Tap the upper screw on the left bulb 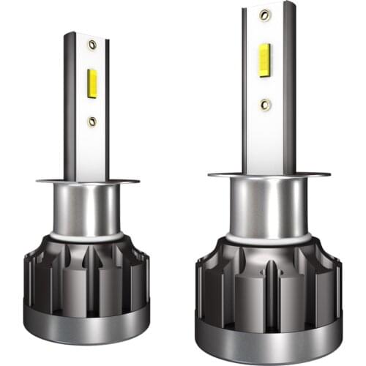[92, 45]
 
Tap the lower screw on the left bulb [92, 121]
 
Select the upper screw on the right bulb [265, 14]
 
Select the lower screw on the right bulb [266, 105]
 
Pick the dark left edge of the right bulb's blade [245, 88]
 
